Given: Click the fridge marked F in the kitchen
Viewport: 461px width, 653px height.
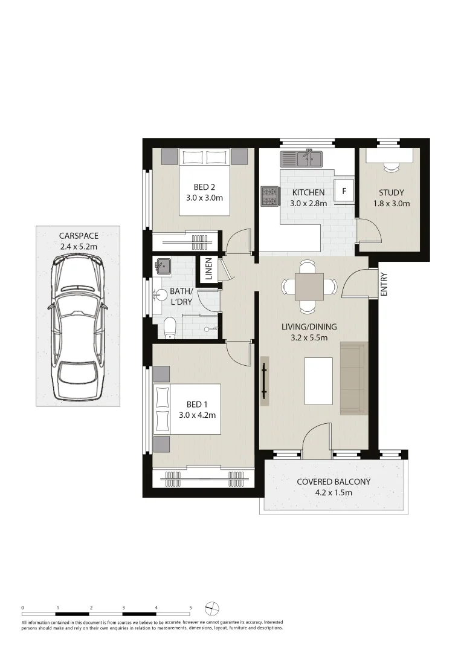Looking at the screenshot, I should [344, 191].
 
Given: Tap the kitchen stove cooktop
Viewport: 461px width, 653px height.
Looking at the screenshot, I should [269, 197].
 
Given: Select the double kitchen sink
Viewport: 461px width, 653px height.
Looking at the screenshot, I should [301, 158].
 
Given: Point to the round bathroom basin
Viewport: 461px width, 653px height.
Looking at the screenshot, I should [161, 295].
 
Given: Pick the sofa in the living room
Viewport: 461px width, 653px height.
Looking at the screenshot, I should [353, 378].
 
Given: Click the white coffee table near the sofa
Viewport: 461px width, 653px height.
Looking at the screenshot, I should [318, 381].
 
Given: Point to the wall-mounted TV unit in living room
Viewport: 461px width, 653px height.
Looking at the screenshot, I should [265, 381].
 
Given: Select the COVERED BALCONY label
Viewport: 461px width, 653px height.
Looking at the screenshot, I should [333, 482].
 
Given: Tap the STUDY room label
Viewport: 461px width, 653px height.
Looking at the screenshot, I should [391, 193].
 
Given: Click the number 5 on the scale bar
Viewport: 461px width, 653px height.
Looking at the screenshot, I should [190, 607].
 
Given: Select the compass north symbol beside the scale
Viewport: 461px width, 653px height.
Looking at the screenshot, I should [212, 608].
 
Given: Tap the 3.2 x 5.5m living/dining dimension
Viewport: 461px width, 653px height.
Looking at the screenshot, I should [309, 337].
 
